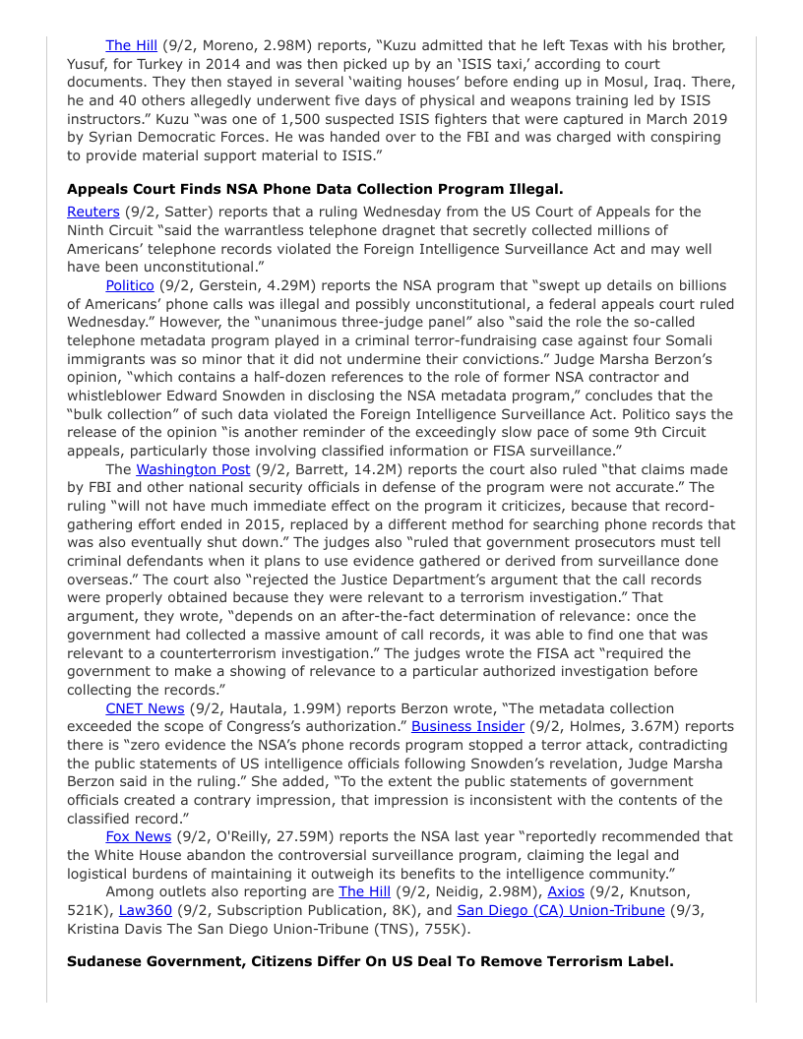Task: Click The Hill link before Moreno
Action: [132, 45]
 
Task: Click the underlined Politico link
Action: [130, 284]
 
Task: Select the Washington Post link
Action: [193, 469]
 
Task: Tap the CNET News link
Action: [145, 708]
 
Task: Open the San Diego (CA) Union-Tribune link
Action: [561, 910]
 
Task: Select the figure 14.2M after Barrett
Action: [368, 469]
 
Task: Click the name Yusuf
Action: [89, 64]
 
